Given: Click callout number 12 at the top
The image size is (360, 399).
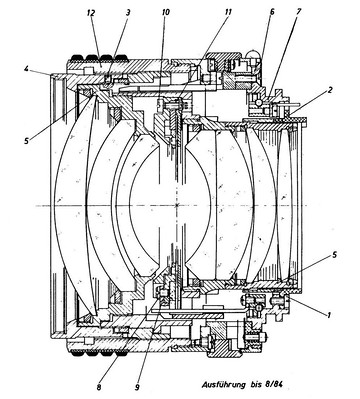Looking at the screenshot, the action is click(91, 13).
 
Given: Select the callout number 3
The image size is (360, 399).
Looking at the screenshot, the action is click(128, 13).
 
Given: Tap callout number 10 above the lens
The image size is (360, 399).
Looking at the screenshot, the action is click(165, 12).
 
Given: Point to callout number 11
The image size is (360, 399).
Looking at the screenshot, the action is click(228, 12).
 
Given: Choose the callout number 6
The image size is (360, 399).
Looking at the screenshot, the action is click(272, 12).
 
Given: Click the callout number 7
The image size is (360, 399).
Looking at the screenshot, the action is click(298, 11).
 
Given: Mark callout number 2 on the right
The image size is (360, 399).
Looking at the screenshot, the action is click(330, 89).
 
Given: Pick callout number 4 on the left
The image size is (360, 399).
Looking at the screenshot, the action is click(26, 69).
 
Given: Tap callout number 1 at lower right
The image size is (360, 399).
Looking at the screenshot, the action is click(329, 314).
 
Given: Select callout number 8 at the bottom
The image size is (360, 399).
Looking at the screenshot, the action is click(99, 387).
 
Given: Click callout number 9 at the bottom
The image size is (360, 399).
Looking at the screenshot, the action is click(137, 387).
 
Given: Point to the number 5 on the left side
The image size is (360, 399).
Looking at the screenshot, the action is click(26, 140).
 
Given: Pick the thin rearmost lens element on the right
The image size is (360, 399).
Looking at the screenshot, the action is click(284, 205).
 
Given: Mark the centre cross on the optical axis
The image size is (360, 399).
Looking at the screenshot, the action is click(177, 205).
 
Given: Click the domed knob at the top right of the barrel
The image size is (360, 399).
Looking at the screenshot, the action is click(254, 55).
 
